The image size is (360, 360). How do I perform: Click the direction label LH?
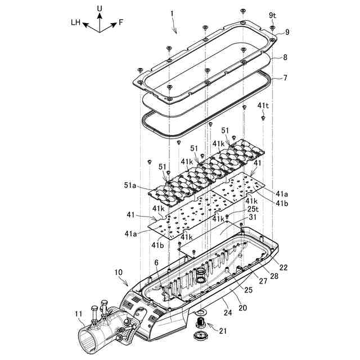click(x=76, y=23)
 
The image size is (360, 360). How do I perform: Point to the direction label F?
click(x=121, y=23)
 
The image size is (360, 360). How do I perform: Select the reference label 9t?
click(x=272, y=15)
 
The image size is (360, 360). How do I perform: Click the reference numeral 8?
click(x=285, y=57)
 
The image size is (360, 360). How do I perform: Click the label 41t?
click(x=263, y=106)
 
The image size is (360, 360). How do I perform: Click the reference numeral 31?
click(x=253, y=217)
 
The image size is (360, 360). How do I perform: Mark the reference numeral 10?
click(x=119, y=272)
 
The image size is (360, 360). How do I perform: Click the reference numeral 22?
click(x=283, y=267)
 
